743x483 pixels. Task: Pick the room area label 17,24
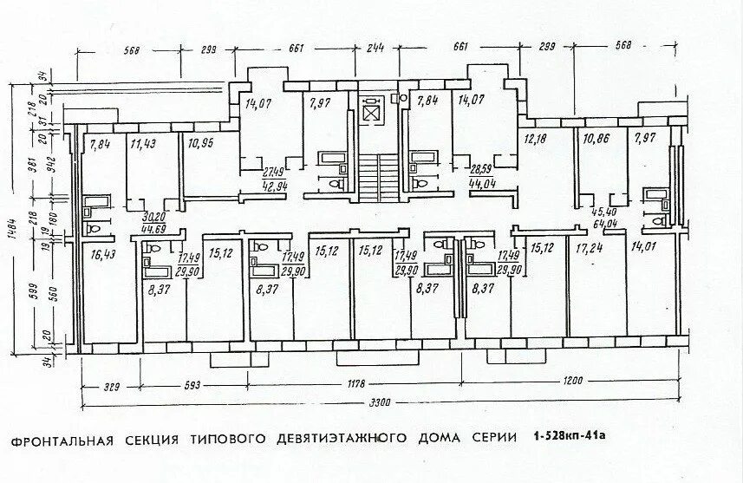[590, 249]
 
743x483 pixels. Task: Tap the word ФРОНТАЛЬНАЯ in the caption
[62, 440]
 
